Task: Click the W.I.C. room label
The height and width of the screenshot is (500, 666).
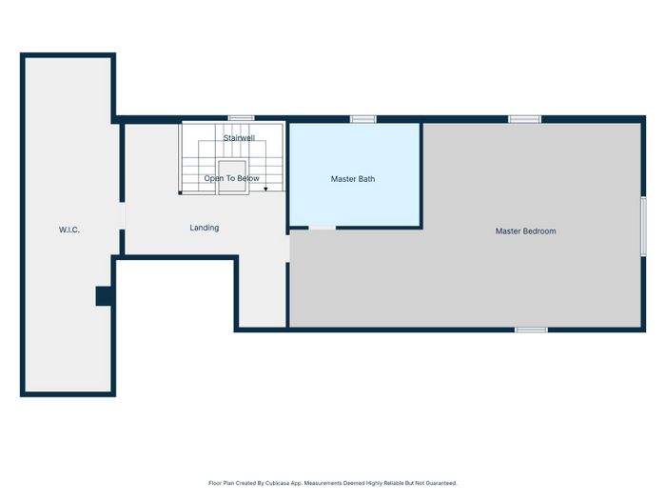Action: pyautogui.click(x=69, y=230)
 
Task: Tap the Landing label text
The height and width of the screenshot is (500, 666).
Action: pyautogui.click(x=205, y=228)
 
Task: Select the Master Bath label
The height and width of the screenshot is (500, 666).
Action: pyautogui.click(x=353, y=179)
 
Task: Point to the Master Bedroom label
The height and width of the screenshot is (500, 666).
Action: pyautogui.click(x=526, y=231)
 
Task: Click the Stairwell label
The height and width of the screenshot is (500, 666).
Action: pyautogui.click(x=239, y=138)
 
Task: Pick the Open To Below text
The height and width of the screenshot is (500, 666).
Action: pyautogui.click(x=231, y=179)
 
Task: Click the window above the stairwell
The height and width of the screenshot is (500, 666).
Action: pyautogui.click(x=241, y=118)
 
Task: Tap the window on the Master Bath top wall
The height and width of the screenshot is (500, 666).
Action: pyautogui.click(x=363, y=119)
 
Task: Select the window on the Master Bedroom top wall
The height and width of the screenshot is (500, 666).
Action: pyautogui.click(x=524, y=119)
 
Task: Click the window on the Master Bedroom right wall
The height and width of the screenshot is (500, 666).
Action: pyautogui.click(x=643, y=227)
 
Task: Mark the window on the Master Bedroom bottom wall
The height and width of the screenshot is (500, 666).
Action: pyautogui.click(x=531, y=330)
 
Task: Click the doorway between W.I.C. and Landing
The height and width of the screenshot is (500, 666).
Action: pyautogui.click(x=122, y=216)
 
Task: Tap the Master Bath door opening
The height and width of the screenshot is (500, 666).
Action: pyautogui.click(x=323, y=229)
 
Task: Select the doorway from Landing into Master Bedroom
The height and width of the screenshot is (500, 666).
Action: pyautogui.click(x=287, y=249)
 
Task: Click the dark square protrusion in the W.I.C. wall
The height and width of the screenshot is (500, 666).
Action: pyautogui.click(x=103, y=296)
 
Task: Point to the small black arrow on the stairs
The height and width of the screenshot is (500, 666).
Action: pyautogui.click(x=265, y=189)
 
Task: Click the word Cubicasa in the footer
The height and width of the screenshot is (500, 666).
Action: pyautogui.click(x=277, y=483)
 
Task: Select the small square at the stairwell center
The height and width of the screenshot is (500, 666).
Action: pyautogui.click(x=232, y=176)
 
